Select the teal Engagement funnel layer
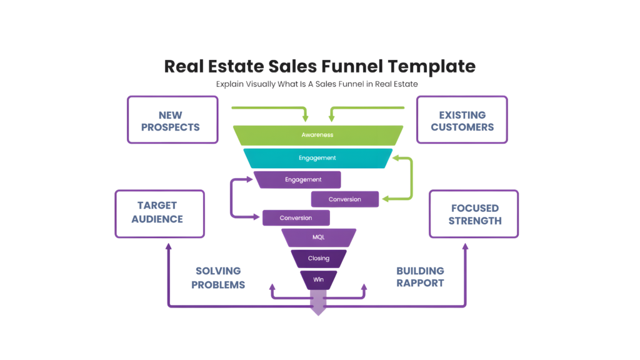pyautogui.click(x=318, y=158)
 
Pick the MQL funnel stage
pyautogui.click(x=319, y=237)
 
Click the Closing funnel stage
pyautogui.click(x=319, y=258)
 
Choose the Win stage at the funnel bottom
pyautogui.click(x=319, y=279)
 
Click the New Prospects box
pyautogui.click(x=172, y=120)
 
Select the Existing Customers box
pyautogui.click(x=462, y=120)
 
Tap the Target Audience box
pyautogui.click(x=160, y=213)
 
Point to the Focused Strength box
pyautogui.click(x=474, y=213)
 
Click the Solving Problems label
pyautogui.click(x=218, y=277)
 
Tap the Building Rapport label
pyautogui.click(x=420, y=277)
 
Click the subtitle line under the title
pyautogui.click(x=317, y=84)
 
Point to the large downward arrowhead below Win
pyautogui.click(x=319, y=310)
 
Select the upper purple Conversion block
pyautogui.click(x=345, y=199)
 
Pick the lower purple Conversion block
pyautogui.click(x=296, y=217)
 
